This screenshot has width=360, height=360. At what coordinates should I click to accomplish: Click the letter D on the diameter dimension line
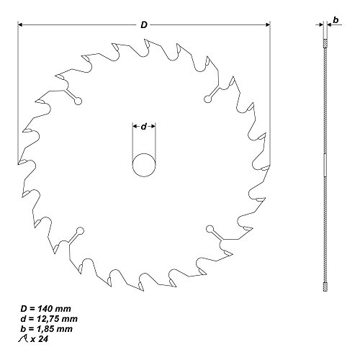point(144,24)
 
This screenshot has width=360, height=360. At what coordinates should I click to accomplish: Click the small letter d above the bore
point(143,126)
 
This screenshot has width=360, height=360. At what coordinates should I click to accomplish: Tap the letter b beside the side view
point(336,20)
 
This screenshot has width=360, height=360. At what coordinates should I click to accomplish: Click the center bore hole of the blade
point(144,165)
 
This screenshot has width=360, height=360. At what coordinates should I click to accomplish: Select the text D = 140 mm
point(45,309)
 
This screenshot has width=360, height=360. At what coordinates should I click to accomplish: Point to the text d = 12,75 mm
point(49,319)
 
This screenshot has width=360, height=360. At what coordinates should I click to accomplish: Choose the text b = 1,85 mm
point(46,329)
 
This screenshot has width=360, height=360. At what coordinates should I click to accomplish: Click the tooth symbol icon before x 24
point(23,339)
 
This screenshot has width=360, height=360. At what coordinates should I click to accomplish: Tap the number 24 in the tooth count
point(43,339)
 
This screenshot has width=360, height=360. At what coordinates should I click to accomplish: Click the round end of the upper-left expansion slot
point(78,102)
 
